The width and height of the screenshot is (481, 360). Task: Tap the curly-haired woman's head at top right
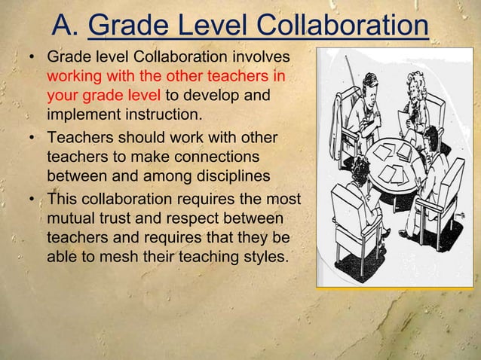416,81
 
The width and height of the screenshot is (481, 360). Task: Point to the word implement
81,115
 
